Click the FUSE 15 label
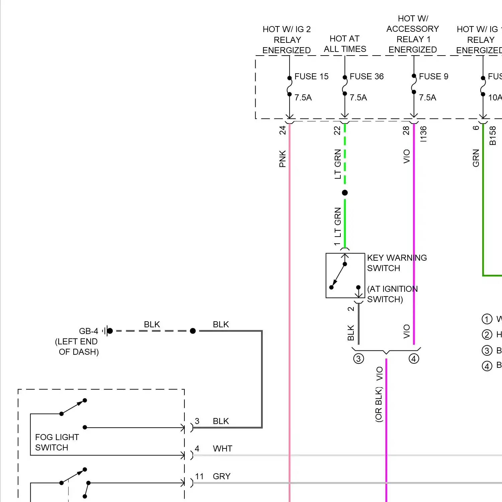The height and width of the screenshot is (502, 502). click(311, 77)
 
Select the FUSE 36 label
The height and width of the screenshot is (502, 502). click(366, 77)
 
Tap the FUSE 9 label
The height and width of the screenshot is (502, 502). click(433, 77)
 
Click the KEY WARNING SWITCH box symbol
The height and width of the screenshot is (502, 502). click(345, 275)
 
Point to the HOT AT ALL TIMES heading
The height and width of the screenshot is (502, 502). click(345, 44)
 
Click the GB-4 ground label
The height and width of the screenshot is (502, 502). click(88, 331)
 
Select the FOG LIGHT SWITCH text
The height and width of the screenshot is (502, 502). click(57, 442)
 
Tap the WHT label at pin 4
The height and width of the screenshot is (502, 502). click(223, 449)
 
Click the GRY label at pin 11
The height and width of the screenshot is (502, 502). click(222, 477)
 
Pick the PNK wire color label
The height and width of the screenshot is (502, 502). click(283, 159)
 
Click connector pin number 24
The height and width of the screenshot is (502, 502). click(283, 130)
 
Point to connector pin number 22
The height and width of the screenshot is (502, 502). click(337, 130)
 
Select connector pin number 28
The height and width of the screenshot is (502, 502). click(406, 130)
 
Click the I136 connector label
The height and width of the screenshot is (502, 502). click(424, 134)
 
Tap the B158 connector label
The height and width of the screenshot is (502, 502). click(493, 136)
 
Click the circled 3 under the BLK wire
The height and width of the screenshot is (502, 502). click(358, 359)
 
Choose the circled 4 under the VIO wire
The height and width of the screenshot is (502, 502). click(414, 359)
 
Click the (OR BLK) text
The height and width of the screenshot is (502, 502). click(379, 405)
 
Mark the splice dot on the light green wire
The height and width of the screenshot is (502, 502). click(345, 193)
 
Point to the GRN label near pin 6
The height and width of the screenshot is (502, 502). click(476, 158)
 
